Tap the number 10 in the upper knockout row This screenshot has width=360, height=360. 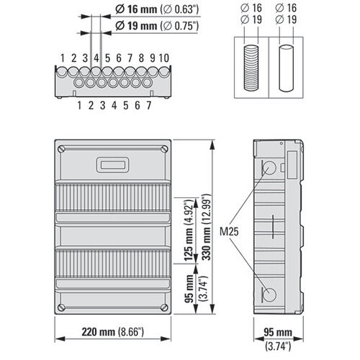pyautogui.click(x=163, y=58)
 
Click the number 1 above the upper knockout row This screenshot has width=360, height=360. pyautogui.click(x=63, y=58)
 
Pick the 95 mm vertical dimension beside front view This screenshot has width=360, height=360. pyautogui.click(x=189, y=291)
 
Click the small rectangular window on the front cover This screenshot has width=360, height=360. pyautogui.click(x=112, y=166)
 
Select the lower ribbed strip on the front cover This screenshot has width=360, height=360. pyautogui.click(x=112, y=267)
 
